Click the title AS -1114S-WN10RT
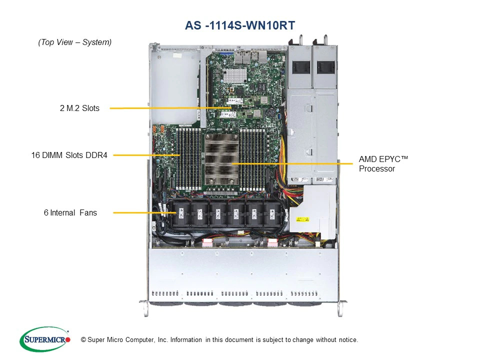240,25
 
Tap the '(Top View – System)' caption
74,42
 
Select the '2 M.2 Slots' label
79,108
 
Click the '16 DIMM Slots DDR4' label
69,155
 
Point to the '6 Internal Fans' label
70,213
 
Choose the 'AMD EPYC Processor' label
383,164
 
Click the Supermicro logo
45,339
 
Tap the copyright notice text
219,340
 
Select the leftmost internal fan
181,213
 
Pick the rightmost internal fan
272,213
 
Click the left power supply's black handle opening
301,67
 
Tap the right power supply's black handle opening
325,67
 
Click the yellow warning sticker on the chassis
303,219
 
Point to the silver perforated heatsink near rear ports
235,75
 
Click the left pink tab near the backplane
207,243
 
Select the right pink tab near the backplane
272,243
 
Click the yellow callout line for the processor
292,164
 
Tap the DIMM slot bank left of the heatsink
188,159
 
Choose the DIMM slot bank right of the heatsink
252,159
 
